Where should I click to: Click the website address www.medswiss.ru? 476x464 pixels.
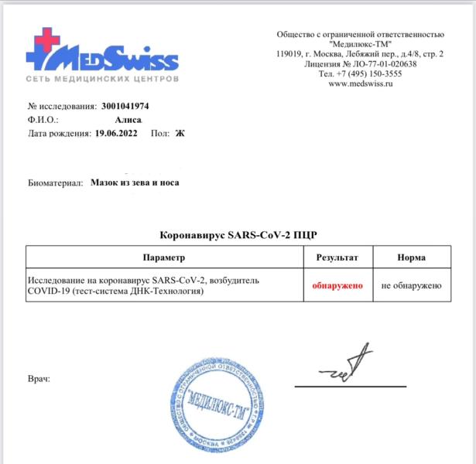[x=360, y=84]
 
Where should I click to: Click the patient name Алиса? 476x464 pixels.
[x=127, y=119]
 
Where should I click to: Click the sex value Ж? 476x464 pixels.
[x=180, y=132]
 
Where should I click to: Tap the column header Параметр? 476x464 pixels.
[x=164, y=257]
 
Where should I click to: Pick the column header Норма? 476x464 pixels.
[x=411, y=257]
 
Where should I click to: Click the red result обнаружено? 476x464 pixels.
[x=337, y=285]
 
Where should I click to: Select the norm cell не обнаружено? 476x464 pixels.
[x=411, y=285]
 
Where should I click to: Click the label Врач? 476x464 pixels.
[x=38, y=380]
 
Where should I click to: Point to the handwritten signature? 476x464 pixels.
[x=347, y=367]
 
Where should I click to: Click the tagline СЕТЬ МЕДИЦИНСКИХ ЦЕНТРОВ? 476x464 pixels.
[x=103, y=79]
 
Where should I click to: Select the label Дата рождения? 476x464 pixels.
[x=59, y=132]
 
